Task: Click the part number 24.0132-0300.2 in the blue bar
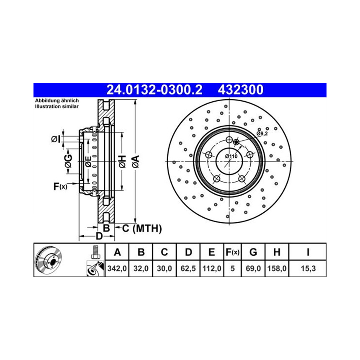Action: (x=154, y=90)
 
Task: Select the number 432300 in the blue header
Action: (x=240, y=90)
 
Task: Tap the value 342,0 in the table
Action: (x=117, y=268)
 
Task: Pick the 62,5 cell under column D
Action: (x=188, y=268)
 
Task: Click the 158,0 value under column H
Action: (x=277, y=268)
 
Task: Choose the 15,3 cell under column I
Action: (x=308, y=268)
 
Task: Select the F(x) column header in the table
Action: (x=233, y=252)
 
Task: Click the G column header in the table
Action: (x=253, y=252)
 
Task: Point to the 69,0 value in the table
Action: (x=253, y=268)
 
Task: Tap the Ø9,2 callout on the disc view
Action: (x=262, y=134)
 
